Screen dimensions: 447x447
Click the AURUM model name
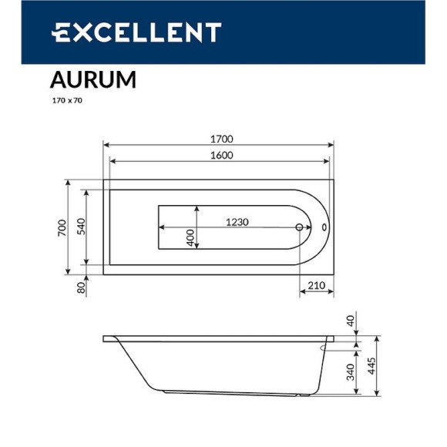click(93, 80)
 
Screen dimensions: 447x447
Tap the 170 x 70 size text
click(66, 100)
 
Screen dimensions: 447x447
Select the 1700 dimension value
click(222, 139)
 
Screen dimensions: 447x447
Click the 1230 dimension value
click(237, 222)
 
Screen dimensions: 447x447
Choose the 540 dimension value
click(79, 227)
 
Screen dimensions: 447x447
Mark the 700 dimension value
click(62, 227)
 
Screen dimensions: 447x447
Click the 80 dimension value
click(79, 287)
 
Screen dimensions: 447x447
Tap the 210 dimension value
click(316, 286)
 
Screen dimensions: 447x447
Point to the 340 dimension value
click(350, 374)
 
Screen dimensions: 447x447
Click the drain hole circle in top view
click(300, 228)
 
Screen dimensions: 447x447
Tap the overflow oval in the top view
click(324, 228)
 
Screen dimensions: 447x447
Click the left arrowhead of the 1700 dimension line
click(106, 145)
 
